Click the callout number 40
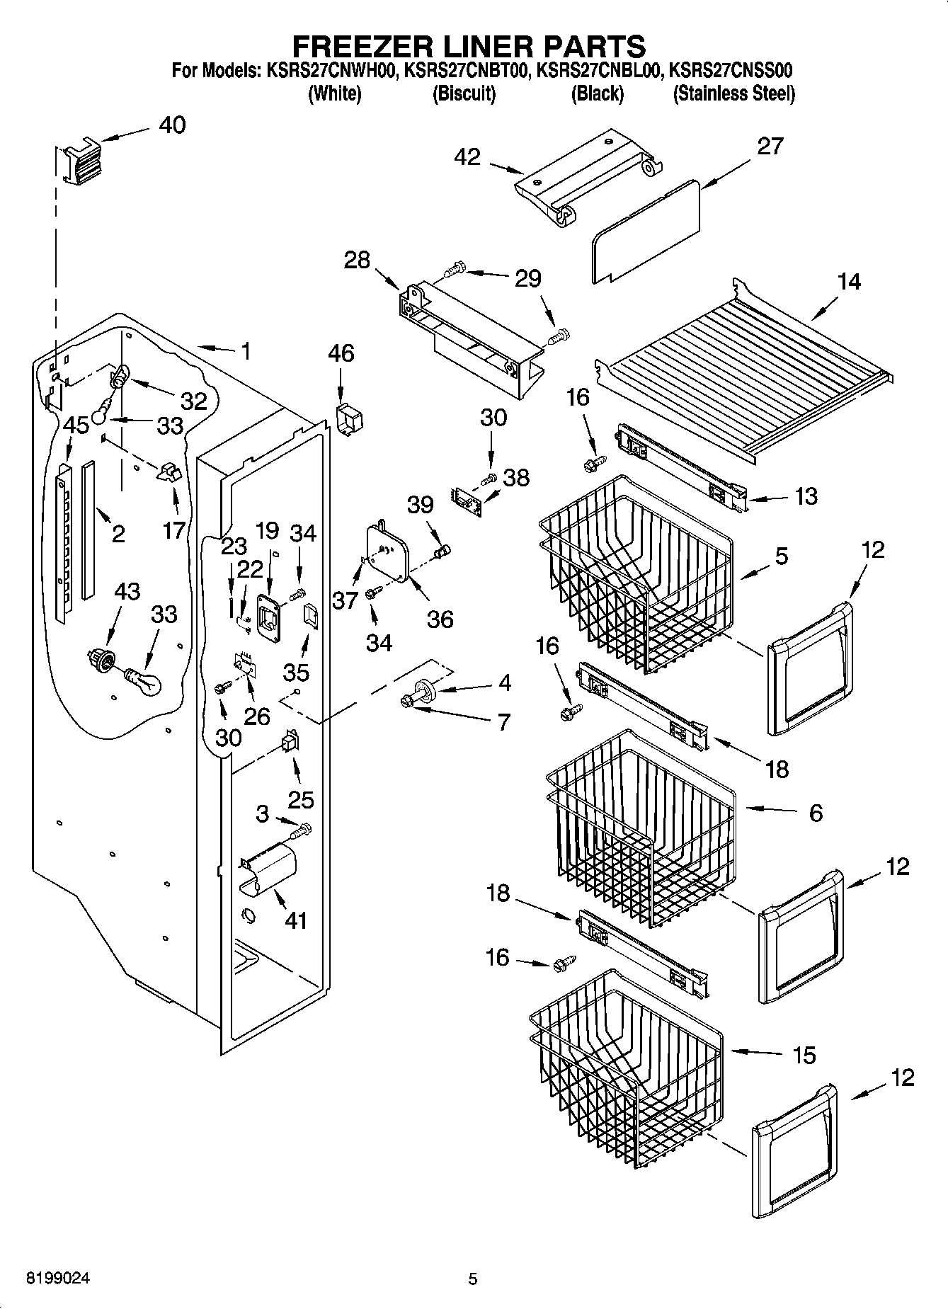(x=172, y=125)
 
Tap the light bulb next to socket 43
(x=144, y=681)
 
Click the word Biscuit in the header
(x=464, y=93)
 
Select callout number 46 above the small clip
(x=341, y=353)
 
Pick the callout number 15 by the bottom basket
(x=804, y=1055)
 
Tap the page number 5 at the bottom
(x=473, y=1279)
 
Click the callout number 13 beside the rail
(x=805, y=496)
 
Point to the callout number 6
(x=816, y=813)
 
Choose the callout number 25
(x=300, y=799)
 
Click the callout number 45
(x=76, y=425)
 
